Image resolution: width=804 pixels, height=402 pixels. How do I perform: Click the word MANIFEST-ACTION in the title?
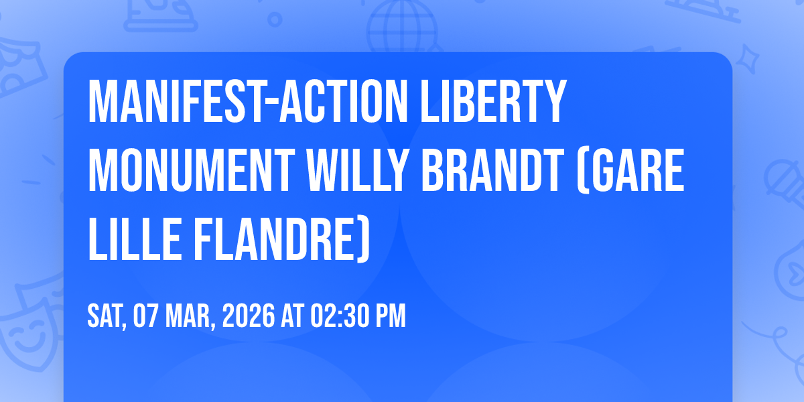(248, 102)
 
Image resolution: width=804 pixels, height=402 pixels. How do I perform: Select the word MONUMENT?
(192, 170)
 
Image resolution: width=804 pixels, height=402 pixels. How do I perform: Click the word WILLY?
(358, 170)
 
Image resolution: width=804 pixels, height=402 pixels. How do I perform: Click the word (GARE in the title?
(631, 171)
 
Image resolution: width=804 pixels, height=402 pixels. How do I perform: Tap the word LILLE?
(134, 238)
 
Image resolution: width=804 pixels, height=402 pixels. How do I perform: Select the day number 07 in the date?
(145, 316)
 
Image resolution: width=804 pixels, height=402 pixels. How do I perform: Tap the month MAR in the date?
(190, 316)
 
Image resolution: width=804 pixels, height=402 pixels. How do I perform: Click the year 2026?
(249, 316)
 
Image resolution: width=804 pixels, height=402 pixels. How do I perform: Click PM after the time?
(391, 316)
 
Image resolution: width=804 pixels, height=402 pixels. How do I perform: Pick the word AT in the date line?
(293, 316)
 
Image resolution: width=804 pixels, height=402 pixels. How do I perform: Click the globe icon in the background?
(402, 26)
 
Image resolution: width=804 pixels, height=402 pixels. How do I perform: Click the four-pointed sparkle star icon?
(748, 59)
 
